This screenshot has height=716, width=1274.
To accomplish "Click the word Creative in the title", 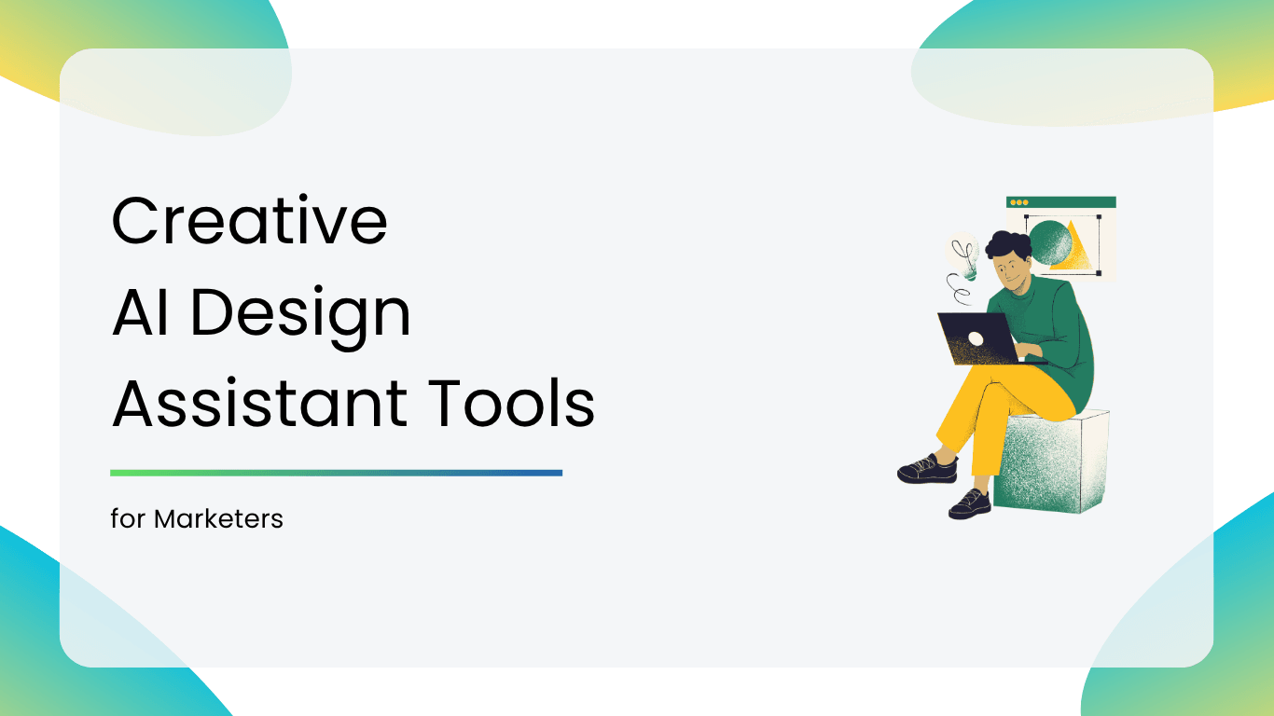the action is [x=250, y=220].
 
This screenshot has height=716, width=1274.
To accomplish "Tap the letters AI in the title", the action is [x=141, y=312].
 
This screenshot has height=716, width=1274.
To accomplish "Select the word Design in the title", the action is [x=301, y=317].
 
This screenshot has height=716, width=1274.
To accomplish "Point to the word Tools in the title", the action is [x=511, y=403].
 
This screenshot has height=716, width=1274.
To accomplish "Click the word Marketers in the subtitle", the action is [x=218, y=519].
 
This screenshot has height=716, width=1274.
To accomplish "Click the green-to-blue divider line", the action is [x=336, y=473].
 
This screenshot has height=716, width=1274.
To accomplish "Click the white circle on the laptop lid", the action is [x=976, y=339].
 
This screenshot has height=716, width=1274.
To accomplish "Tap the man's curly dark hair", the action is [x=1008, y=244].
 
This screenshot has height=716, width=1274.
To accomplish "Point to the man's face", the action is [x=1011, y=273].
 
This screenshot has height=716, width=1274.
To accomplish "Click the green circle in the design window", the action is [x=1049, y=242].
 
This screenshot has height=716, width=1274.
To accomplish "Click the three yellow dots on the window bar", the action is [x=1018, y=202].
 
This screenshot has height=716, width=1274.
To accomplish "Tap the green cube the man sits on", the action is [x=1052, y=461].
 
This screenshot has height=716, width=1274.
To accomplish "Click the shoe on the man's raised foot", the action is [x=928, y=469].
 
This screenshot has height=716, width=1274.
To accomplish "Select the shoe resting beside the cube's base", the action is [x=970, y=503].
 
